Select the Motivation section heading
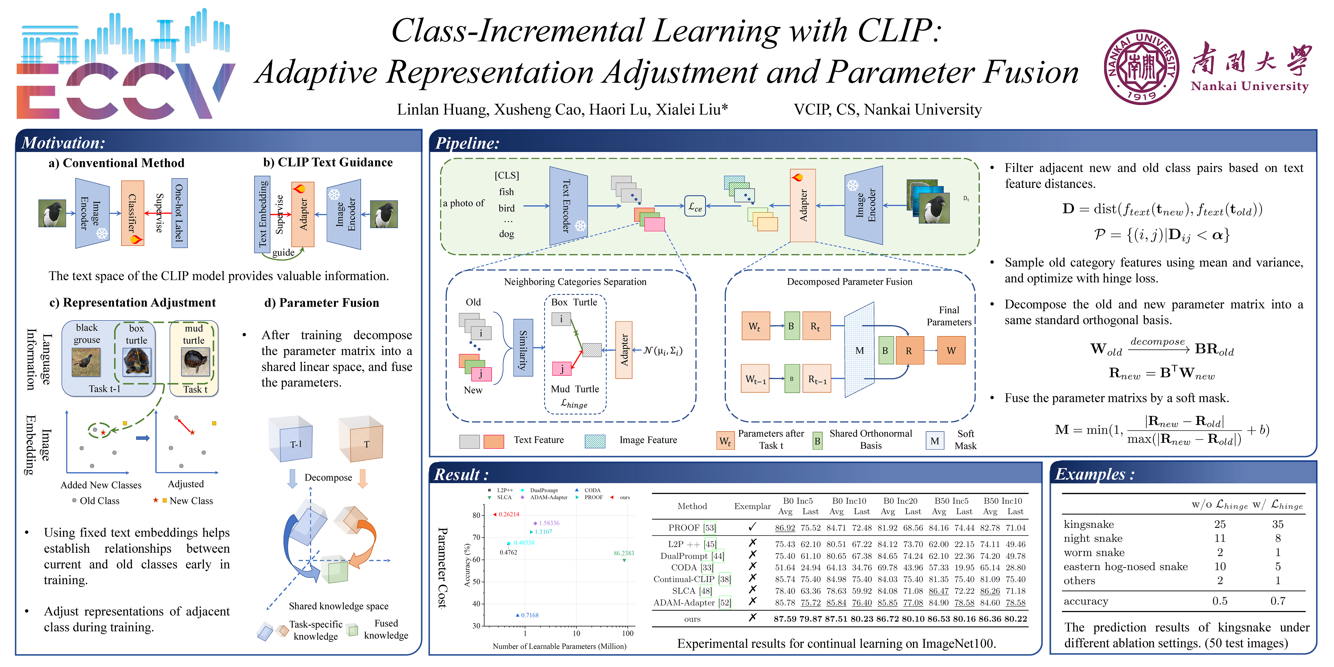(63, 143)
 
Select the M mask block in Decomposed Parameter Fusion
(859, 351)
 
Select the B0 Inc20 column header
(900, 501)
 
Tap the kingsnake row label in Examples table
(1089, 524)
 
